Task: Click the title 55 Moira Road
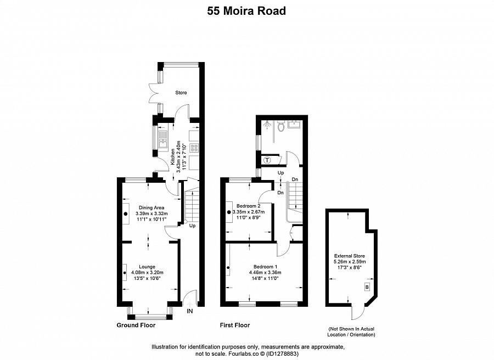(x=246, y=10)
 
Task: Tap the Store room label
(x=181, y=93)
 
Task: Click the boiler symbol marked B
(x=367, y=287)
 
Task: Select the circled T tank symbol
(x=267, y=160)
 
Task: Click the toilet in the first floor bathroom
(x=281, y=127)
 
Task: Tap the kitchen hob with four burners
(x=193, y=147)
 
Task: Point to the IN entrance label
(x=190, y=312)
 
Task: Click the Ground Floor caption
(x=136, y=325)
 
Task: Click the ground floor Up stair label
(x=192, y=226)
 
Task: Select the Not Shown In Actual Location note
(x=349, y=331)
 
